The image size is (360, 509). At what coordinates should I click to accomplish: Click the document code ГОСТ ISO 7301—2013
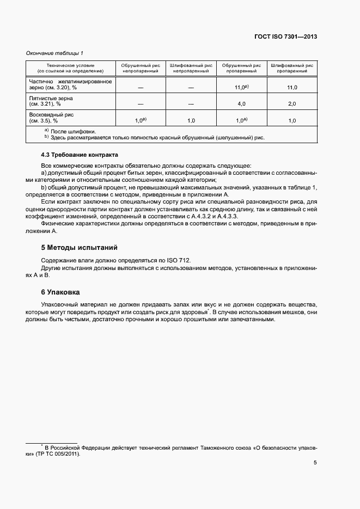pyautogui.click(x=285, y=37)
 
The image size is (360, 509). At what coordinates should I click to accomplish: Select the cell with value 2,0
pyautogui.click(x=292, y=104)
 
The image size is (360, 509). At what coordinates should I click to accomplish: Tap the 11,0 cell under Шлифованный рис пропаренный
pyautogui.click(x=292, y=87)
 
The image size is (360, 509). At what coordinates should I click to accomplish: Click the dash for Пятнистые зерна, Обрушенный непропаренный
pyautogui.click(x=141, y=104)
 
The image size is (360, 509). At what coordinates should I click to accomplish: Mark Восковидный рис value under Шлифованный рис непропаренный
pyautogui.click(x=191, y=121)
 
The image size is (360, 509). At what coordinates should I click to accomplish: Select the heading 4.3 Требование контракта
pyautogui.click(x=80, y=155)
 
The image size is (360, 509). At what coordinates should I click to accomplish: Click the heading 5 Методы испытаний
pyautogui.click(x=80, y=248)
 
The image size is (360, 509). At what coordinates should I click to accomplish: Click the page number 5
pyautogui.click(x=315, y=463)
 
